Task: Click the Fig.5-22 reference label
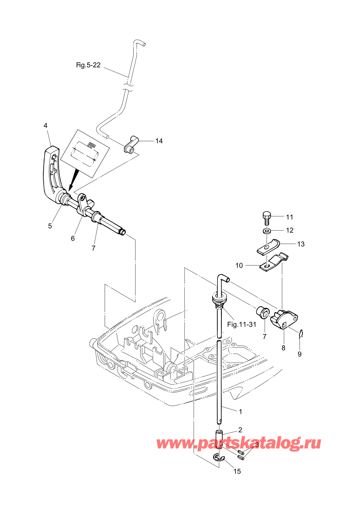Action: pyautogui.click(x=88, y=65)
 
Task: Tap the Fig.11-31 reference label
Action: pyautogui.click(x=241, y=324)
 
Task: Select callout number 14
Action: pyautogui.click(x=159, y=141)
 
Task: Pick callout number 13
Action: pyautogui.click(x=301, y=244)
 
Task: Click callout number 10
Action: pyautogui.click(x=239, y=266)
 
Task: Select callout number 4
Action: pyautogui.click(x=46, y=126)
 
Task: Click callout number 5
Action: pyautogui.click(x=50, y=226)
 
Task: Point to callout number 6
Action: pyautogui.click(x=73, y=238)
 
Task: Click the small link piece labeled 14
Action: pyautogui.click(x=130, y=144)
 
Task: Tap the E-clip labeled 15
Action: pyautogui.click(x=219, y=457)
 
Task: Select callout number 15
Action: pyautogui.click(x=237, y=471)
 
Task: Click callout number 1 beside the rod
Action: pyautogui.click(x=241, y=412)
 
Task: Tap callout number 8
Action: pyautogui.click(x=283, y=348)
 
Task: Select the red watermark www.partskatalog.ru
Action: pyautogui.click(x=238, y=443)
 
